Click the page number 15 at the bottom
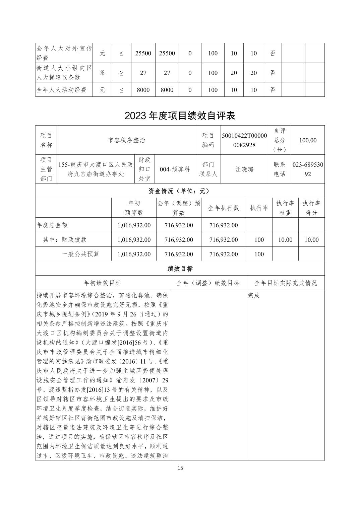click(180, 468)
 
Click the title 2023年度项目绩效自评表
click(180, 116)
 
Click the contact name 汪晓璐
click(244, 169)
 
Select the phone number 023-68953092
click(308, 169)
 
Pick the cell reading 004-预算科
click(175, 169)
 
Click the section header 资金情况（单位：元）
click(180, 191)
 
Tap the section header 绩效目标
click(180, 269)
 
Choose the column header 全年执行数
click(224, 208)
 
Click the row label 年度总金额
click(52, 225)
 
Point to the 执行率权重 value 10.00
click(285, 240)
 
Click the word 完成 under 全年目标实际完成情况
click(254, 296)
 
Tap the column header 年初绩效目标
click(102, 283)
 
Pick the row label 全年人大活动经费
click(61, 90)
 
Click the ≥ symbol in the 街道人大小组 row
click(121, 73)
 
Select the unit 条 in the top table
click(102, 73)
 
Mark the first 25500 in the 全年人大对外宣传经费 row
click(143, 53)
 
